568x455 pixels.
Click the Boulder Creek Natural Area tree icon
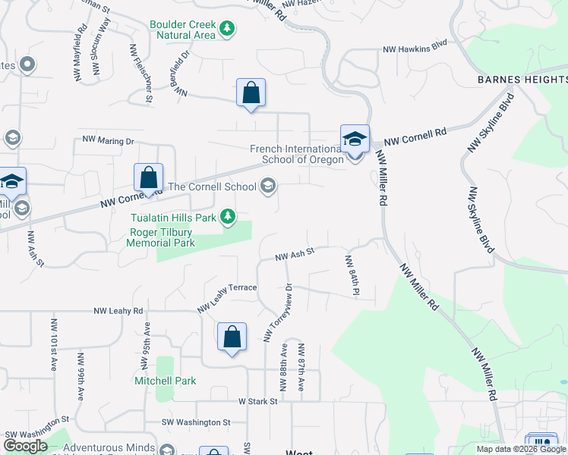[x=226, y=30]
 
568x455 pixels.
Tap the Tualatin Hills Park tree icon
[x=227, y=218]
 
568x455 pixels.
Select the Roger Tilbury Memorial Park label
[x=162, y=238]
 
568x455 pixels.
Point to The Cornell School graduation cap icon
[x=267, y=186]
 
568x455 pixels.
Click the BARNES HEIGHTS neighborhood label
[x=522, y=80]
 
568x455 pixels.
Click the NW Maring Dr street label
[x=108, y=140]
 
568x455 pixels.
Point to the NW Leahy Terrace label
[x=227, y=297]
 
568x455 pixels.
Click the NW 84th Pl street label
[x=352, y=275]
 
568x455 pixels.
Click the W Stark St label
[x=254, y=400]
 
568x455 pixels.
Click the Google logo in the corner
[x=25, y=446]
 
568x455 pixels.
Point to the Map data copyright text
[x=521, y=449]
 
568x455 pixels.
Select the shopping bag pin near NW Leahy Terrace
[x=232, y=337]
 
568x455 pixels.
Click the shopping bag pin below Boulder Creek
[x=251, y=93]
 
